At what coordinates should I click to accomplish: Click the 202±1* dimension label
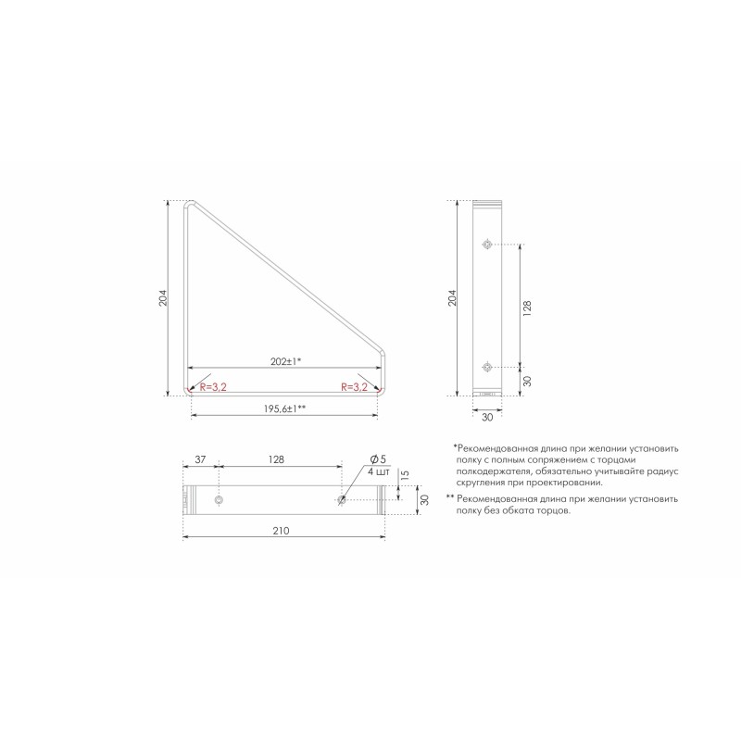point(286,361)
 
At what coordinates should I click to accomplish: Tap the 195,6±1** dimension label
point(284,408)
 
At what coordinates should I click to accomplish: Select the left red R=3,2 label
point(213,387)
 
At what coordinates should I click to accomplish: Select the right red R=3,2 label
point(355,387)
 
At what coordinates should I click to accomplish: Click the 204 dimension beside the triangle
point(163,297)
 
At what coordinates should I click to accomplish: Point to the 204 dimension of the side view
point(452,297)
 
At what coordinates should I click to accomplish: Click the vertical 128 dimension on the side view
point(527,308)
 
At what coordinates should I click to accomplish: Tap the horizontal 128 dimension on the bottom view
point(276,459)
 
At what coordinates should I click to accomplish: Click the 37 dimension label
point(200,459)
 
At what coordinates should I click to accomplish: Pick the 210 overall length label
point(281,531)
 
